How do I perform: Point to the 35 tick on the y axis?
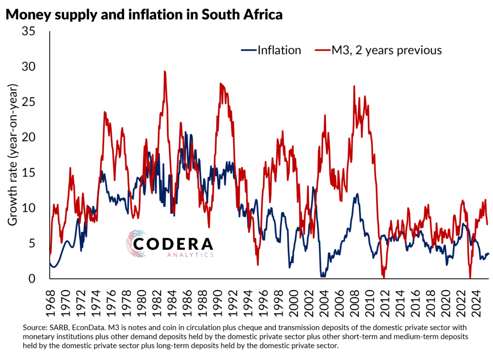pyautogui.click(x=35, y=31)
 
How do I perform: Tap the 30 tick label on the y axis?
pyautogui.click(x=35, y=66)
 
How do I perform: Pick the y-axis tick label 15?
pyautogui.click(x=35, y=173)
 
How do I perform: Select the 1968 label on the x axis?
pyautogui.click(x=51, y=299)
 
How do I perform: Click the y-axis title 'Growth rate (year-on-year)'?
pyautogui.click(x=13, y=155)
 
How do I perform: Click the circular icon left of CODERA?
pyautogui.click(x=137, y=244)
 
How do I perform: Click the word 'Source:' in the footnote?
pyautogui.click(x=36, y=327)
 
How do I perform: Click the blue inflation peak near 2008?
pyautogui.click(x=357, y=194)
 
